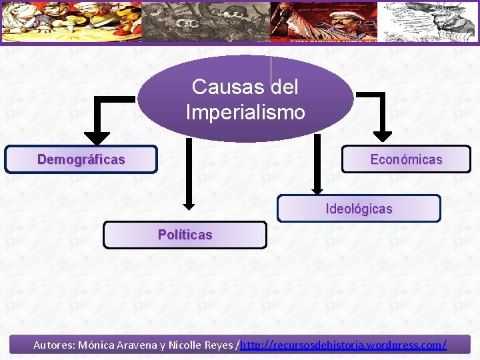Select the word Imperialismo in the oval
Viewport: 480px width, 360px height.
point(245,112)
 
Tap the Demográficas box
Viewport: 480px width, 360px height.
point(81,160)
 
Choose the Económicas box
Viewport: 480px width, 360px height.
point(406,160)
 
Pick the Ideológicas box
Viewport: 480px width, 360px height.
point(359,209)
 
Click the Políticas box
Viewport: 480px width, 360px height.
point(185,235)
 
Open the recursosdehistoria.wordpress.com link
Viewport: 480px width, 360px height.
point(343,345)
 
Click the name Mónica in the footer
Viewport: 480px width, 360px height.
point(99,345)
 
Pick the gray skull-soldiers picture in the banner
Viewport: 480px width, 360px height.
point(207,21)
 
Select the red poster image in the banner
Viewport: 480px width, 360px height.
point(323,21)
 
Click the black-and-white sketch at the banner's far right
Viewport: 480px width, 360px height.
point(427,21)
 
